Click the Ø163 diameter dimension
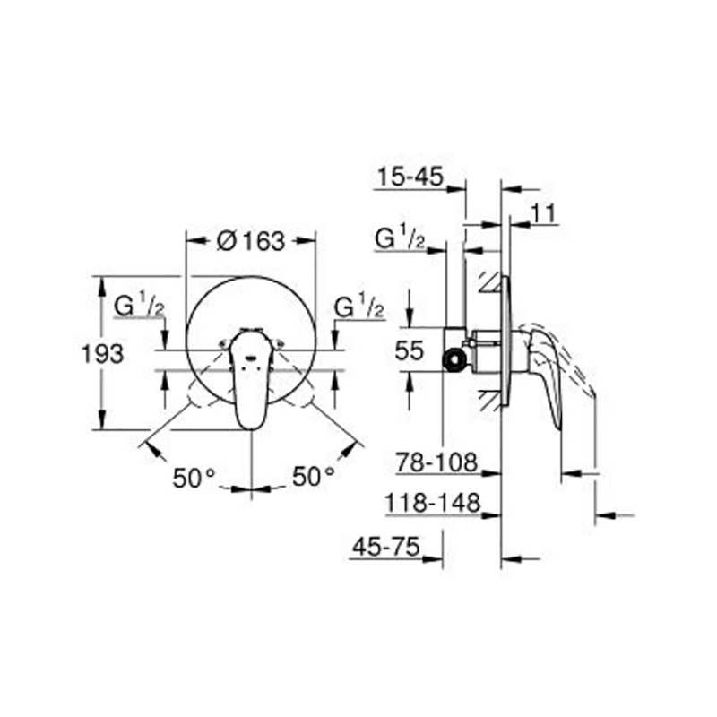coord(251,241)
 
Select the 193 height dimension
coord(102,353)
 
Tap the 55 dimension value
coord(410,350)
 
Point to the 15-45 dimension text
coord(410,176)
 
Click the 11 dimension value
coord(543,213)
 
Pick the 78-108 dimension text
coord(436,462)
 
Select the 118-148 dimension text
coord(433,503)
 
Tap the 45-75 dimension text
coord(385,546)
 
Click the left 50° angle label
coord(194,478)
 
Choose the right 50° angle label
coord(313,476)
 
